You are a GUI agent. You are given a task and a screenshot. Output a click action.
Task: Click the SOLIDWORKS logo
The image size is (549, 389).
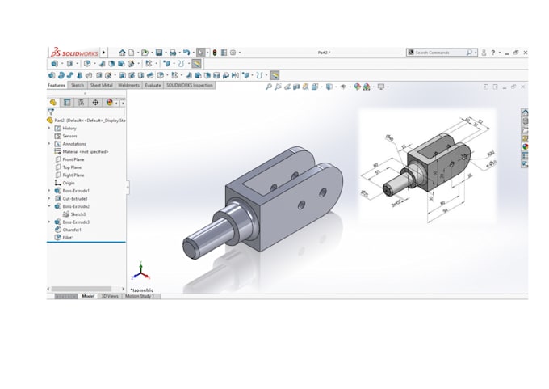[74, 53]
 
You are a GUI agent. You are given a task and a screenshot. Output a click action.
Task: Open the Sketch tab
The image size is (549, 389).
[78, 85]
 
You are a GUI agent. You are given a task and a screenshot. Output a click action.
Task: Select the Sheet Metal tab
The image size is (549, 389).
[102, 85]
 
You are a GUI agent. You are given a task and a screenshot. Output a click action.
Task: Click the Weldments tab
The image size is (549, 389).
[128, 85]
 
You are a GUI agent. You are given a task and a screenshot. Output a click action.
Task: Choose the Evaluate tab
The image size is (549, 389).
[153, 85]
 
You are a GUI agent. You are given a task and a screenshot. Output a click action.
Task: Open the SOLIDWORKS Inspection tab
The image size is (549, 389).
[190, 85]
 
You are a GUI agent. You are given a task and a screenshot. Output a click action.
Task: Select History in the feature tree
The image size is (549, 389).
[69, 128]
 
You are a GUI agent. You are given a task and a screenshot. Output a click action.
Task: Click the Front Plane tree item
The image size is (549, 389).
[73, 159]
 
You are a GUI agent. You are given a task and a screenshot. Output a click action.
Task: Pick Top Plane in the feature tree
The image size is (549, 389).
[73, 167]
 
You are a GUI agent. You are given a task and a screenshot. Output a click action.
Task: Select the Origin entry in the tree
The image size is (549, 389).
[69, 183]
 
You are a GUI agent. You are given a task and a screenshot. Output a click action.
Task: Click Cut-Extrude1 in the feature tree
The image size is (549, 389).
[75, 198]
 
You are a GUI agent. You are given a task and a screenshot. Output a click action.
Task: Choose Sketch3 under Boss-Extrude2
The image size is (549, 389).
[78, 214]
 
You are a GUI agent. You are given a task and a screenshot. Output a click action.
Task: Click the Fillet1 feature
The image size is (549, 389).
[69, 238]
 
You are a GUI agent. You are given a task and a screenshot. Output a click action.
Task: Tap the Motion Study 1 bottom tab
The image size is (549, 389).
[140, 296]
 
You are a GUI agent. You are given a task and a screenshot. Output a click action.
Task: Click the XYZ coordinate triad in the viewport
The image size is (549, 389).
[140, 273]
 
